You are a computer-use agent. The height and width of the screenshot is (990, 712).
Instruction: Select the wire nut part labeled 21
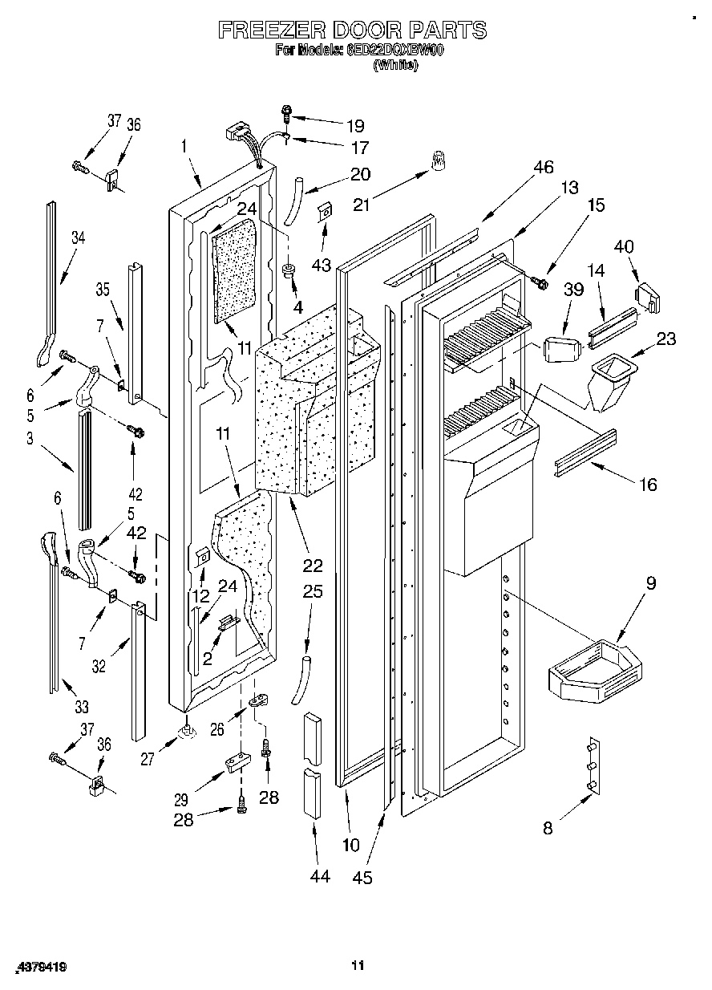(437, 163)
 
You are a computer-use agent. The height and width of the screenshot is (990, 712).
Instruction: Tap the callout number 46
(543, 167)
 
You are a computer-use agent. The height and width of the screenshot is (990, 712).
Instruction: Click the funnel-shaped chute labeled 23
(611, 382)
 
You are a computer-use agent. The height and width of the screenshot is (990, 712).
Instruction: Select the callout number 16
(647, 484)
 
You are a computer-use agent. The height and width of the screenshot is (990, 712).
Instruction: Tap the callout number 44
(319, 877)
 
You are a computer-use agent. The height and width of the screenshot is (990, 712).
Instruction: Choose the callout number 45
(362, 878)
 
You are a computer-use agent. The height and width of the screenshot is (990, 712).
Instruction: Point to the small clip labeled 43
(326, 213)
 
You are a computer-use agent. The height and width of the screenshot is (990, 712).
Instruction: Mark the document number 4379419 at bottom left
(39, 968)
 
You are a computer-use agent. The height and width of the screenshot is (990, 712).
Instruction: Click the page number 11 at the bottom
(358, 965)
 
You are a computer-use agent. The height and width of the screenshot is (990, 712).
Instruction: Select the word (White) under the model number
(395, 67)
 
